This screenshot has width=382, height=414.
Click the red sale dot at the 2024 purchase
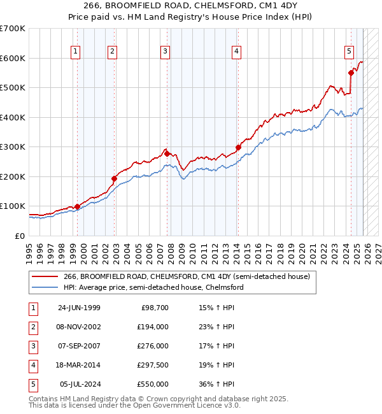click(351, 73)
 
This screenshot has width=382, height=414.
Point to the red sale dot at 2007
click(167, 153)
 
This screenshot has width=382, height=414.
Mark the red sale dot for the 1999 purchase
click(77, 206)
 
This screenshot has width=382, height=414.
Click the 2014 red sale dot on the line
click(238, 147)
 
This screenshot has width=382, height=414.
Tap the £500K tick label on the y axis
click(13, 87)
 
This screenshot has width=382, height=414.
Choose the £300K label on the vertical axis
click(13, 146)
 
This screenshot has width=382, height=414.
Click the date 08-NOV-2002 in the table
click(79, 326)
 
